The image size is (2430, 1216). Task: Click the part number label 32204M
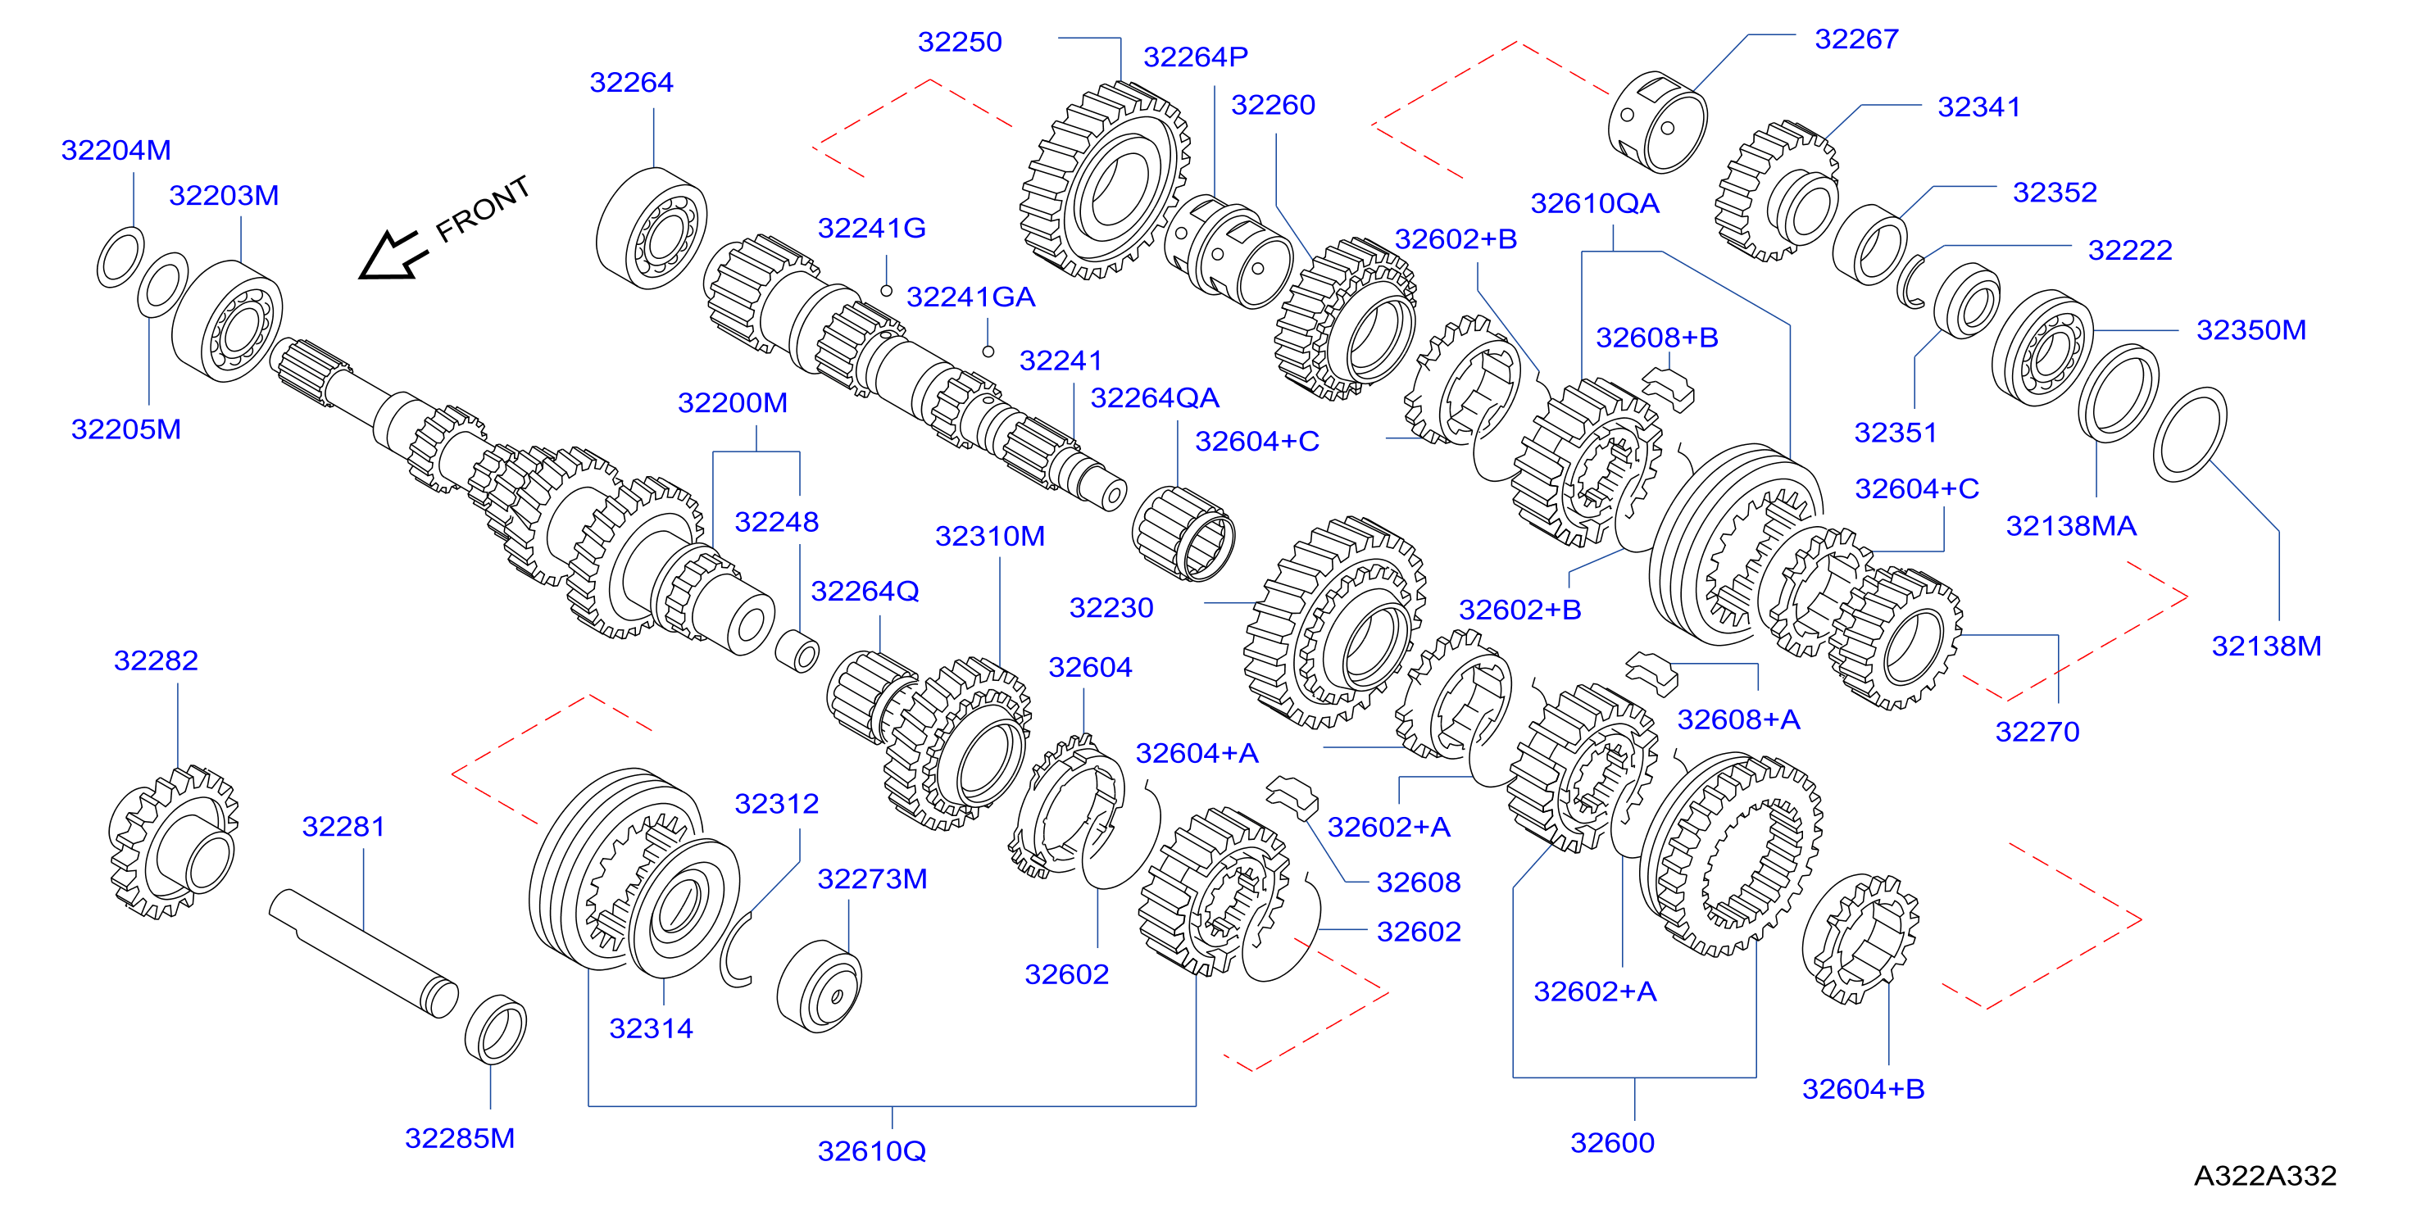point(116,150)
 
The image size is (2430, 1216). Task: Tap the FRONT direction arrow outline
point(393,256)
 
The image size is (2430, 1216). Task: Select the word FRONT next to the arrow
point(482,208)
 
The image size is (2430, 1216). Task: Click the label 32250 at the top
point(960,43)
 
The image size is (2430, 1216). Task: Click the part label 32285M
point(460,1137)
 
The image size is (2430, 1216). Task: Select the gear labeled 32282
point(174,842)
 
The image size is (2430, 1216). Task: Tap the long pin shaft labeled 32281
point(363,953)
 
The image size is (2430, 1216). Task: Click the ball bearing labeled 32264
point(651,229)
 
